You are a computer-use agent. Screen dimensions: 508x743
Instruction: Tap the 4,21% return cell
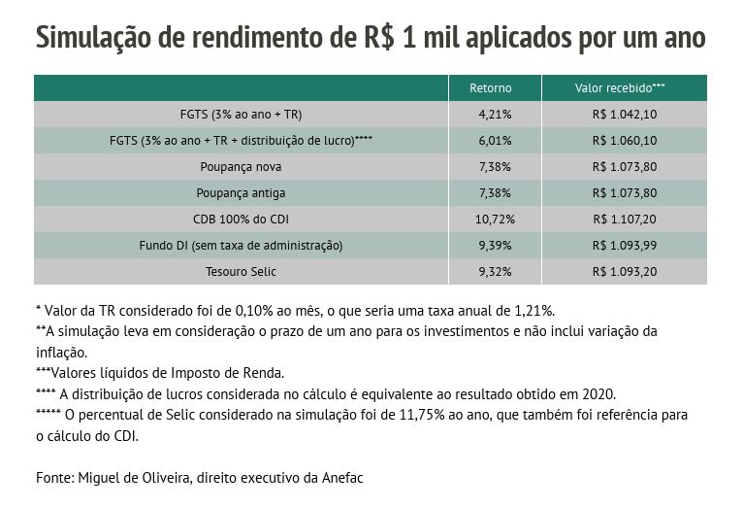tap(495, 115)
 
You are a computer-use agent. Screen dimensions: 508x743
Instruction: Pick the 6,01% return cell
tap(495, 141)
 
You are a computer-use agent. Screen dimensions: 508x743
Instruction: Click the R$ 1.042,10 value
tap(624, 115)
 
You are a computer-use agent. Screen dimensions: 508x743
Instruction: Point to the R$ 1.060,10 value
tap(624, 141)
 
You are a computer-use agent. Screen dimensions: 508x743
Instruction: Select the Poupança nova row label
tap(241, 167)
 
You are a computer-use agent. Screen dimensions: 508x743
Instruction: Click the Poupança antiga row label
tap(241, 193)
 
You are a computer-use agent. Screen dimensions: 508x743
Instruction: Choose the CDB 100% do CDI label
tap(241, 220)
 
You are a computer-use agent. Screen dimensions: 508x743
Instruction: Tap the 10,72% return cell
tap(495, 220)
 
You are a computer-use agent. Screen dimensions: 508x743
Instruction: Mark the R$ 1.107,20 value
tap(624, 220)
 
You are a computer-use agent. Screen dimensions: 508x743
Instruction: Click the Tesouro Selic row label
tap(241, 272)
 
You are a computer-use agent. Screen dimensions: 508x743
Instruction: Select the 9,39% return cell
tap(495, 246)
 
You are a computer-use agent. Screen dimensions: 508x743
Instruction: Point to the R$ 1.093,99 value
tap(624, 246)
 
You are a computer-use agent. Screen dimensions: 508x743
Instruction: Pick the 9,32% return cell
tap(495, 272)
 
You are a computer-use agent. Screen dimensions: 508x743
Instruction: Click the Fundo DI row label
tap(241, 246)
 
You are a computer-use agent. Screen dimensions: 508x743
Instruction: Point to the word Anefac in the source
tap(340, 478)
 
